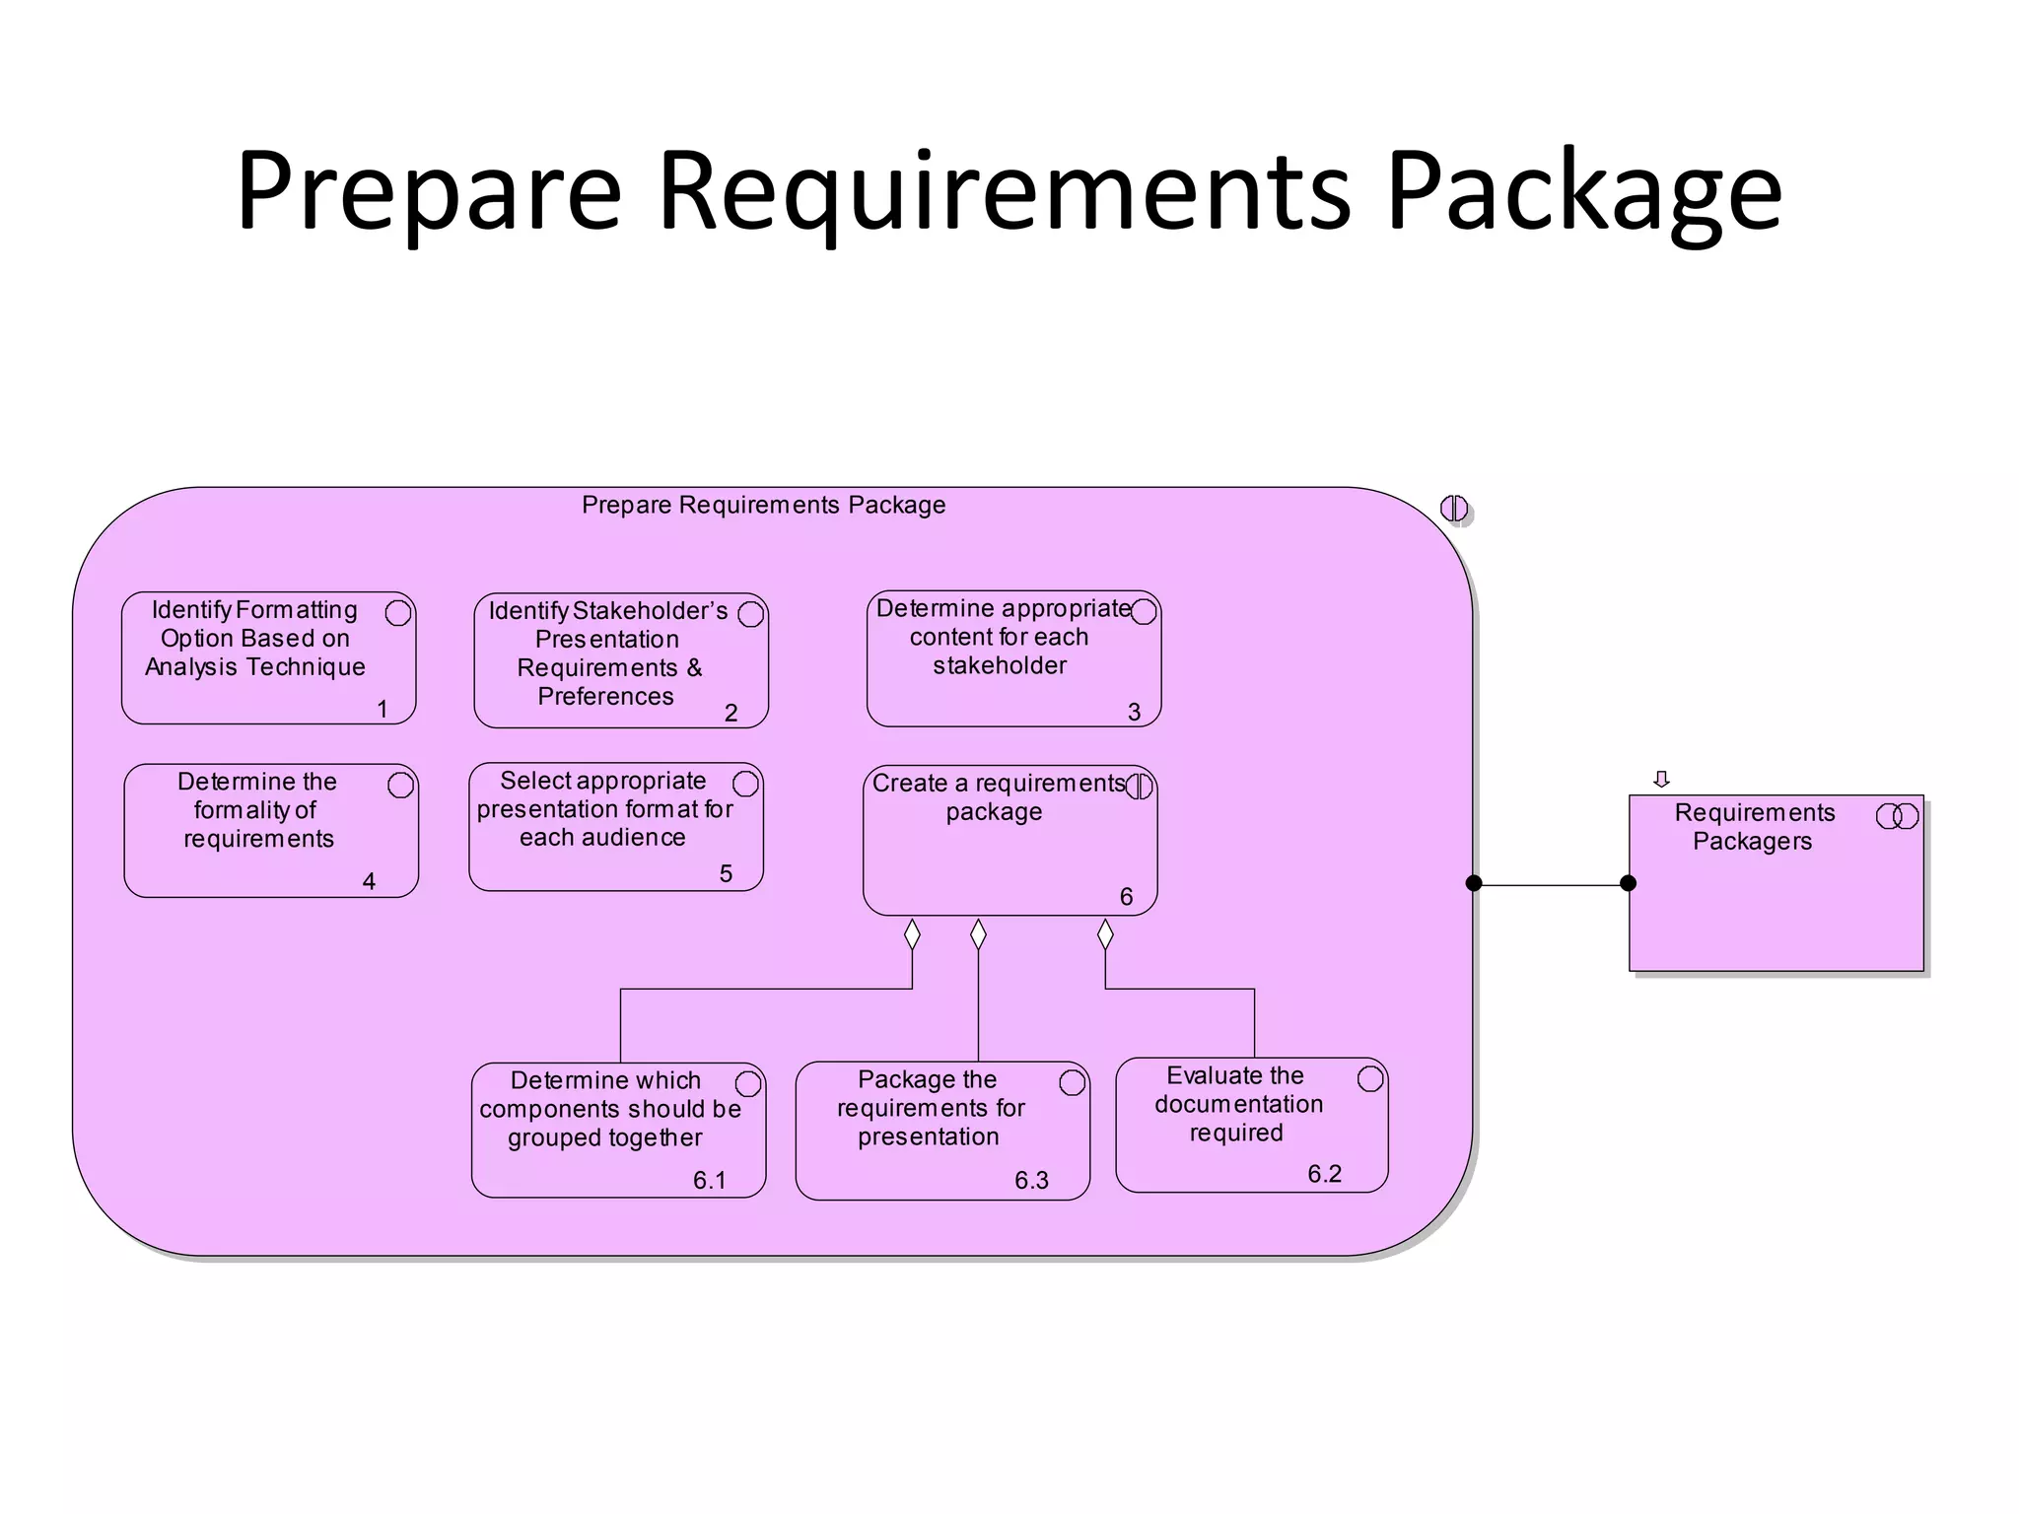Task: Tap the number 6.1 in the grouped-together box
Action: [x=709, y=1180]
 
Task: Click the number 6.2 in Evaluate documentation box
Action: [x=1324, y=1173]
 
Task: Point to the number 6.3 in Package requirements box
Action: [x=1031, y=1180]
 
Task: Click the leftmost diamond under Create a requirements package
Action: [x=912, y=933]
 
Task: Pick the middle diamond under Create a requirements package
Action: [x=978, y=933]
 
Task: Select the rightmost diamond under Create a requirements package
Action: [x=1105, y=933]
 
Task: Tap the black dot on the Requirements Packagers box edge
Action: [x=1629, y=883]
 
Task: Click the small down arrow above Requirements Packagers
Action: [x=1661, y=779]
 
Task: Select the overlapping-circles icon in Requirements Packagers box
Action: [x=1897, y=816]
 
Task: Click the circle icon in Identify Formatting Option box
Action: [x=398, y=612]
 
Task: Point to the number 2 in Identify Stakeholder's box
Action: [x=731, y=712]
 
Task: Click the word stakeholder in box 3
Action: [x=1000, y=665]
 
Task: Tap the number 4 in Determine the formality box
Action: [x=369, y=880]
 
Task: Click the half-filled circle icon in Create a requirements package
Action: [x=1139, y=786]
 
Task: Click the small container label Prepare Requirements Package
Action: [x=763, y=505]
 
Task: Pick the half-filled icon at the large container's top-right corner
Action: [x=1453, y=509]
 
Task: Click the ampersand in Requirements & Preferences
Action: [x=694, y=667]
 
